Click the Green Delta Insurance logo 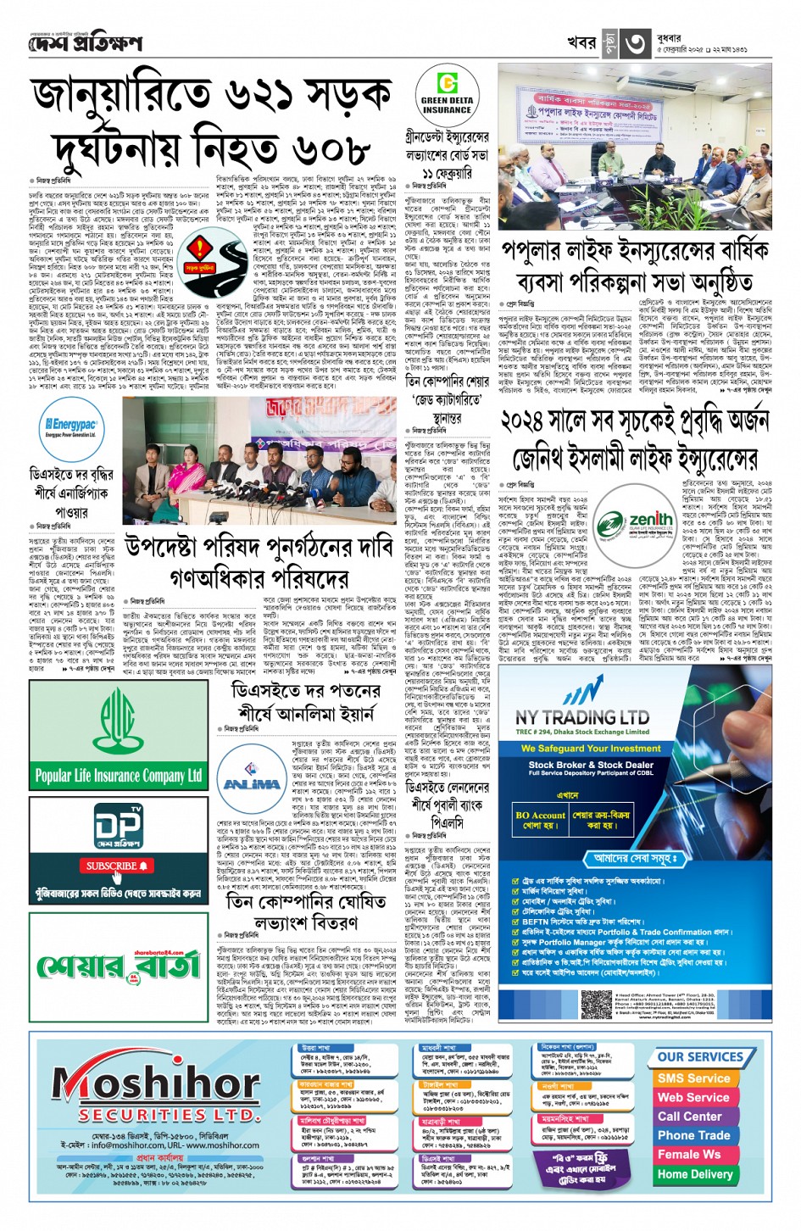point(447,94)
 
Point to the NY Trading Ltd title point(582,716)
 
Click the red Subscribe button point(117,866)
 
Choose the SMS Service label point(693,1078)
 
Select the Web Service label point(693,1097)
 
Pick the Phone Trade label point(693,1135)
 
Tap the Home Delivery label point(694,1174)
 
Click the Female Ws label point(689,1155)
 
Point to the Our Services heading point(700,1057)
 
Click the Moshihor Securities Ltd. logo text point(157,1089)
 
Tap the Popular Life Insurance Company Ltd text point(119,775)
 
